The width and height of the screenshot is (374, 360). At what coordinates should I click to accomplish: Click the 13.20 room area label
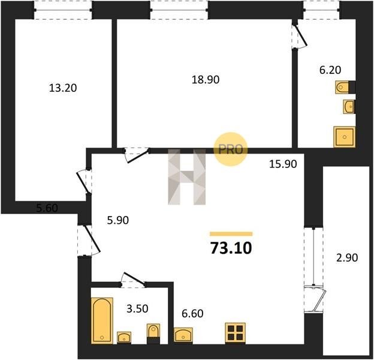point(63,88)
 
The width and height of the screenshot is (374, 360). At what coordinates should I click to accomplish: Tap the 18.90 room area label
point(206,79)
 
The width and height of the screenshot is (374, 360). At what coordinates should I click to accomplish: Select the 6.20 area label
point(330,70)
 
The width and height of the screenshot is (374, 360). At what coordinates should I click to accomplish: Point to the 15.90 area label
point(283,164)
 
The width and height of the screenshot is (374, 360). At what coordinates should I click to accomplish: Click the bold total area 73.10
point(231,248)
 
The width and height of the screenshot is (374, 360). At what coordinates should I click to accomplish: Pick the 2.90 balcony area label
point(347,258)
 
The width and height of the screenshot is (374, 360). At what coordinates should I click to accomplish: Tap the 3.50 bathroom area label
point(137,308)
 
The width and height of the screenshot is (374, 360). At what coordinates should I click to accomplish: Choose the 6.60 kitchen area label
point(192,313)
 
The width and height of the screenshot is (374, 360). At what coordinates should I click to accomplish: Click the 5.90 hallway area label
point(118,220)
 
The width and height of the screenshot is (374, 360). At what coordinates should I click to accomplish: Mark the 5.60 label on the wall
point(47,208)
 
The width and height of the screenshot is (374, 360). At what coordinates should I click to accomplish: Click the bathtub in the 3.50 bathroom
point(102,320)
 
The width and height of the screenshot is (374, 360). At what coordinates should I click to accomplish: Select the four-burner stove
point(235,333)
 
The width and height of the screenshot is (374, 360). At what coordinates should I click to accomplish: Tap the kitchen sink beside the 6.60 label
point(183,335)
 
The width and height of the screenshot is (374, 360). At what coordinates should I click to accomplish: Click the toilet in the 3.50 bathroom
point(153,334)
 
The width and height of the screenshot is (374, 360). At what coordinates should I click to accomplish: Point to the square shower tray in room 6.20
point(345,137)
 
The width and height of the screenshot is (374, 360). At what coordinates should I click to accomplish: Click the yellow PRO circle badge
point(230,149)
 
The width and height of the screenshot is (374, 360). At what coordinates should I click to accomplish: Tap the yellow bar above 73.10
point(231,234)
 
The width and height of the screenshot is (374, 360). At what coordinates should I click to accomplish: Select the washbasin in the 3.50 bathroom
point(124,338)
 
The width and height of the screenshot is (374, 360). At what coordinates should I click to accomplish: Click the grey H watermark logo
point(187,177)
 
